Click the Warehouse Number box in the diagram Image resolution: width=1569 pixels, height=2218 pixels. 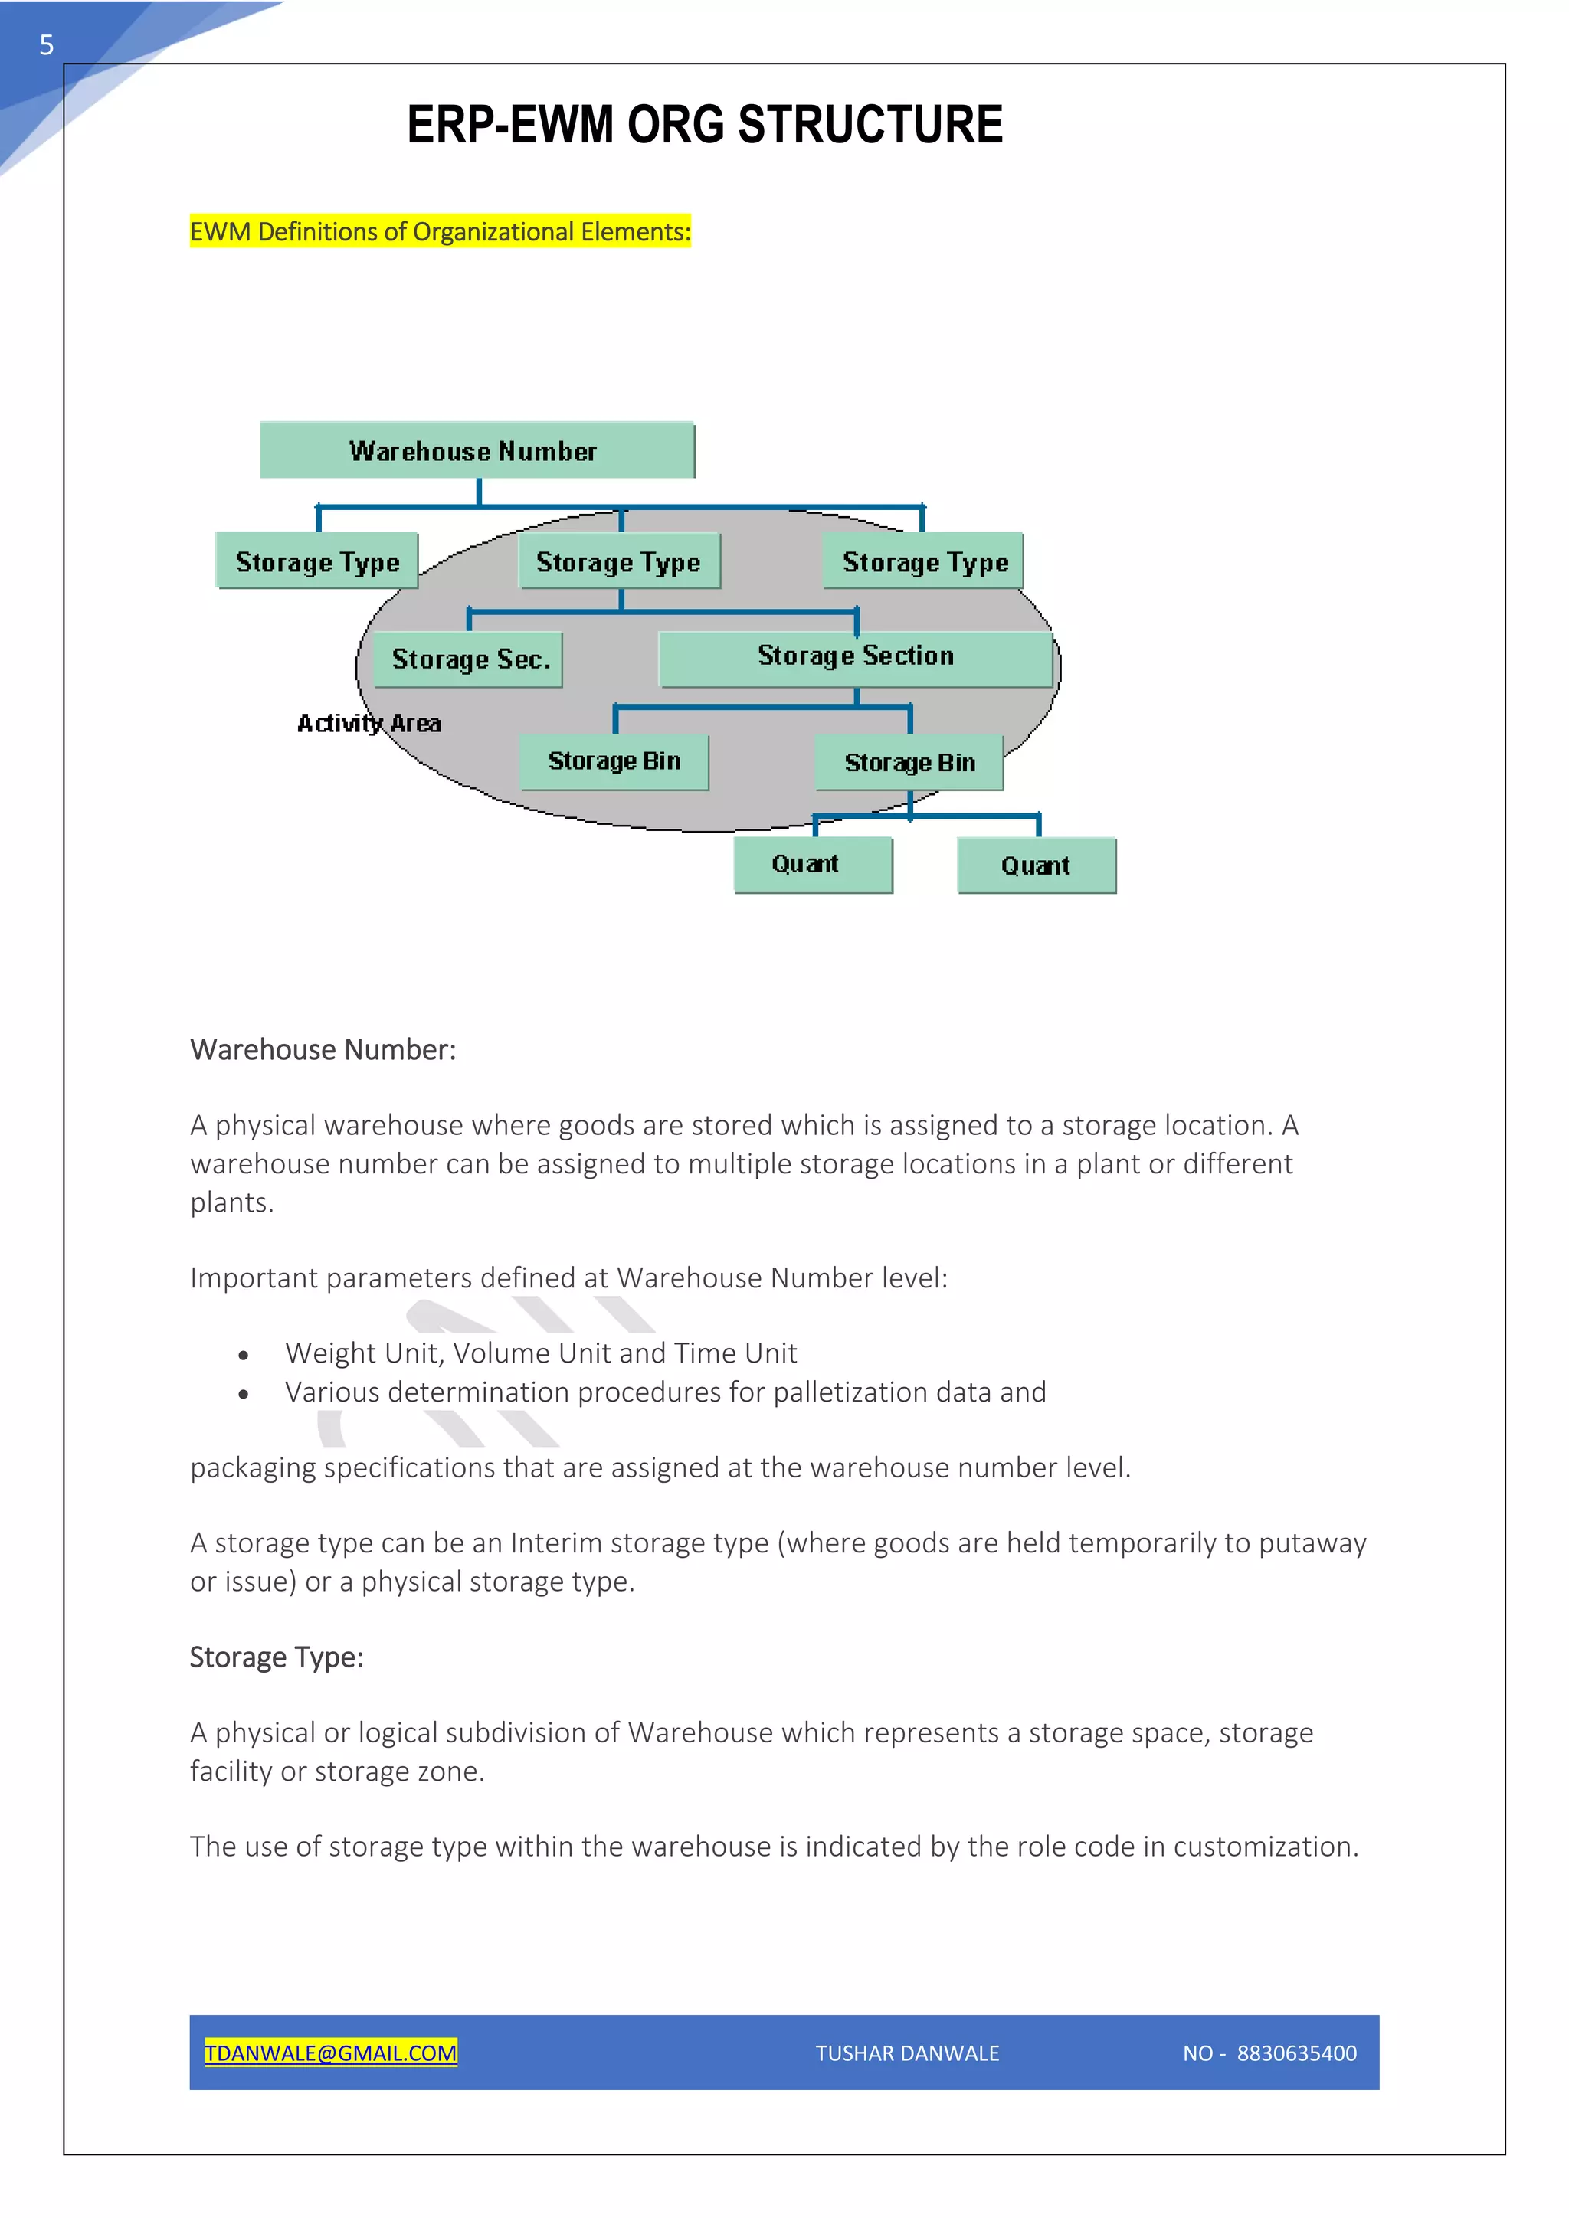click(x=477, y=450)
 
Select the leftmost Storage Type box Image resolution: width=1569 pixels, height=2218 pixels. click(x=317, y=561)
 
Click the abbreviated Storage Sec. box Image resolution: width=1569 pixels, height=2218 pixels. click(x=469, y=659)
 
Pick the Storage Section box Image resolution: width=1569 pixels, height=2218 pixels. click(x=855, y=658)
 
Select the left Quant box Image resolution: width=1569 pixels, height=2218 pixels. click(x=813, y=864)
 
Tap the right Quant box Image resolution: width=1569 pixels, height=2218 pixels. click(x=1036, y=865)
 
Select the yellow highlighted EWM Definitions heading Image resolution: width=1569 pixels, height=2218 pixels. click(x=440, y=232)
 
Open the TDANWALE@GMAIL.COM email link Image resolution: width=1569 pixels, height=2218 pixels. click(x=330, y=2053)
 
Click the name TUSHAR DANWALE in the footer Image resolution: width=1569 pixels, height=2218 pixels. click(x=907, y=2053)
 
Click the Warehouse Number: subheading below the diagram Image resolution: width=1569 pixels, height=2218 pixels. click(x=323, y=1049)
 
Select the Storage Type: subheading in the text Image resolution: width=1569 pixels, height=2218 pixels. click(x=277, y=1657)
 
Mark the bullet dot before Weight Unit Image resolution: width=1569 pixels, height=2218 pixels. click(x=244, y=1356)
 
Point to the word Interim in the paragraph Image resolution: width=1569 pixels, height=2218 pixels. click(x=555, y=1542)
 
